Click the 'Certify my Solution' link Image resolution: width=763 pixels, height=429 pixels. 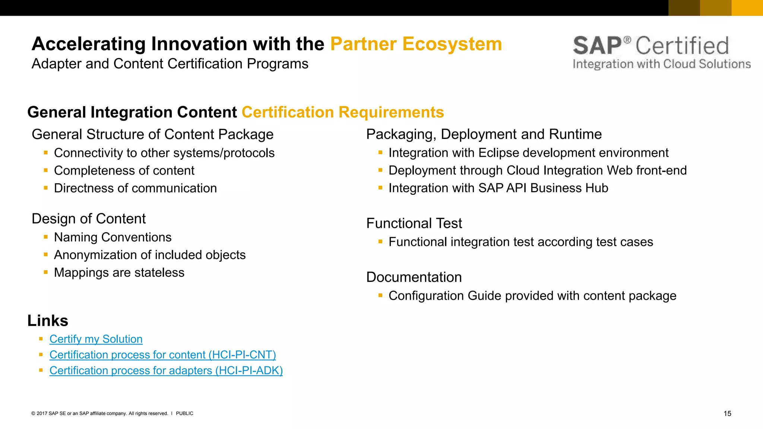[96, 339]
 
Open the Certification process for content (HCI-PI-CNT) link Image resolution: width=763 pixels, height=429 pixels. [162, 355]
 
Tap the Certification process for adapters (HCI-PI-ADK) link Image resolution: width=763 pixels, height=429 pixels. [166, 371]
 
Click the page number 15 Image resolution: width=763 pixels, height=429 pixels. [727, 413]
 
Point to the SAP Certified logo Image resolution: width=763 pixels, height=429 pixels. [661, 52]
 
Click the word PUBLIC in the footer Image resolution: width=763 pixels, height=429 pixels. [184, 413]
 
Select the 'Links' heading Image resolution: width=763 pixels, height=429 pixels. [48, 321]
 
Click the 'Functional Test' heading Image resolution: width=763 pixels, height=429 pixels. [414, 223]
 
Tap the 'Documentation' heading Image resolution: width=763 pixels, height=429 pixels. [414, 277]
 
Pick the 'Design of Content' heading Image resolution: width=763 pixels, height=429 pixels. [89, 219]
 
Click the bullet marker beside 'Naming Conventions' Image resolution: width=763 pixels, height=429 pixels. [46, 236]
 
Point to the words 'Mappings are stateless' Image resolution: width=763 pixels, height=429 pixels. [119, 273]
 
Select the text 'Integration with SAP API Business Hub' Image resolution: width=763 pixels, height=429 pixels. [498, 188]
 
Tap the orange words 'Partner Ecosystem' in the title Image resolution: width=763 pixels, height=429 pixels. [416, 44]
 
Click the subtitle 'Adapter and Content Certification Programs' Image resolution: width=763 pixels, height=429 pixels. [170, 64]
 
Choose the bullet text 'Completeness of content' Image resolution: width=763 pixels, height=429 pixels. [124, 171]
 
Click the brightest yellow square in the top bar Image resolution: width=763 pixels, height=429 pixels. [747, 8]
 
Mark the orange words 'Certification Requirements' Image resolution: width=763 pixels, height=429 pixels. [343, 112]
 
